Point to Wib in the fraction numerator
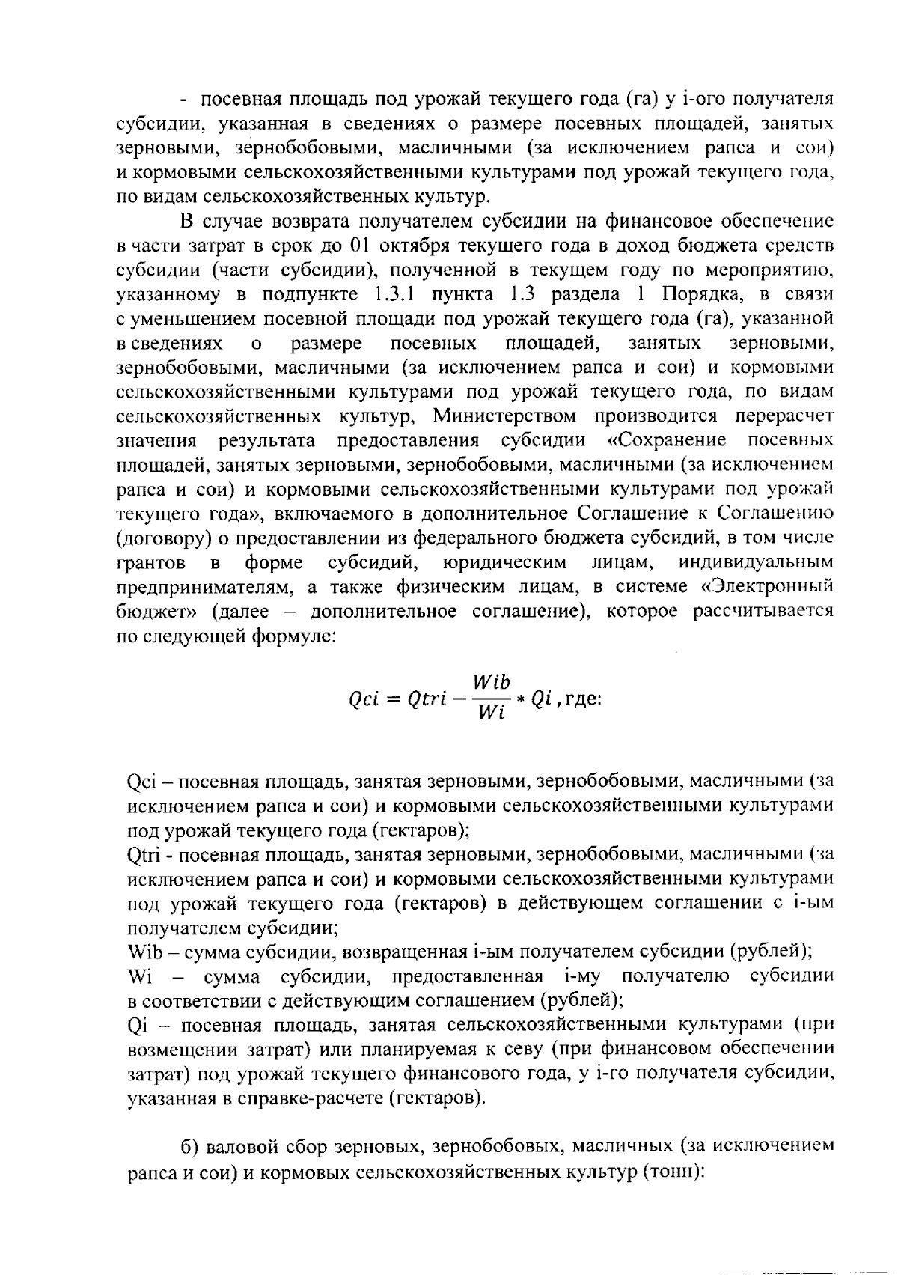pos(492,682)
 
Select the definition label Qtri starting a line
pos(144,854)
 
